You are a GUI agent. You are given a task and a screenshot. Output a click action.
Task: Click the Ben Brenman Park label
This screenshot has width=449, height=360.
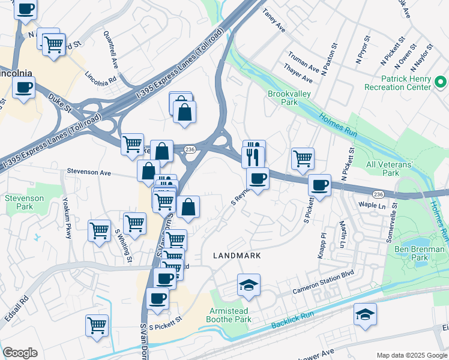pyautogui.click(x=419, y=253)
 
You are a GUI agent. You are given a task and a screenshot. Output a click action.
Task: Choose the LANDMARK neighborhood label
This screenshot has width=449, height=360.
pyautogui.click(x=237, y=256)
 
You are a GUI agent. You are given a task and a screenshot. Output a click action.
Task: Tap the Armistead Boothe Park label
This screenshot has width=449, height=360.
pyautogui.click(x=230, y=316)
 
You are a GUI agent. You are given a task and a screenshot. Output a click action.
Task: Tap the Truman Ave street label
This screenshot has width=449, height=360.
pyautogui.click(x=303, y=64)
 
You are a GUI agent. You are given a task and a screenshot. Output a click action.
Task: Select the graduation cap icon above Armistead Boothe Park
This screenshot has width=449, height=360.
pyautogui.click(x=249, y=285)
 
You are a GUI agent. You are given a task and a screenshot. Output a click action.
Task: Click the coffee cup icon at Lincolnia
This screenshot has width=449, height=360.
pyautogui.click(x=24, y=88)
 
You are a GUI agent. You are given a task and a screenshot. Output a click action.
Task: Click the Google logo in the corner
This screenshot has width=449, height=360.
pyautogui.click(x=20, y=353)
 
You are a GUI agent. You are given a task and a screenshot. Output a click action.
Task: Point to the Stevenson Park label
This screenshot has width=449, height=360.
pyautogui.click(x=24, y=202)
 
